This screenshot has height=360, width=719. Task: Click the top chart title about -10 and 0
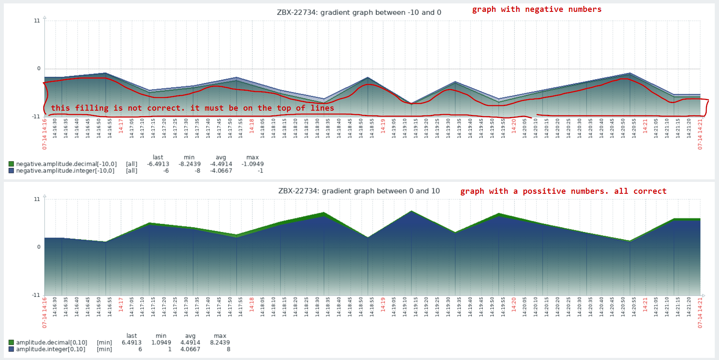[359, 13]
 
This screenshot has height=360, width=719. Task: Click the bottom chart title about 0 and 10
[359, 191]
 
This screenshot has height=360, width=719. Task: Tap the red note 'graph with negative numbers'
[537, 9]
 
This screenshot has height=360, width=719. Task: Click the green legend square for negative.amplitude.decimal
[11, 164]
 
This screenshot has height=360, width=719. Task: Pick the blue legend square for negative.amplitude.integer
[11, 171]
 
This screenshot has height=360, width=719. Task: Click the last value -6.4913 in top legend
[158, 164]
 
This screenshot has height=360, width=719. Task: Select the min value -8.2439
[189, 164]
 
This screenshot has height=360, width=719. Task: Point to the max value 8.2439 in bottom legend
[220, 343]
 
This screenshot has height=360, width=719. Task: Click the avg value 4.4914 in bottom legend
[190, 343]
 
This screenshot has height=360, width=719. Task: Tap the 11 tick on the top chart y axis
[37, 21]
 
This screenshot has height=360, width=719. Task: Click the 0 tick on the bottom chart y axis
[39, 247]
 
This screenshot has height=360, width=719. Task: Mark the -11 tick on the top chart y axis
[36, 117]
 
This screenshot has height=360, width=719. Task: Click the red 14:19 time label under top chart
[383, 126]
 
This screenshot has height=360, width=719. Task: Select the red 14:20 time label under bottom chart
[514, 304]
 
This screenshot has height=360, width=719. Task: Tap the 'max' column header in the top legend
[252, 157]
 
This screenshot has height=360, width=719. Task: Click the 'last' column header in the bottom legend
[131, 336]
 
